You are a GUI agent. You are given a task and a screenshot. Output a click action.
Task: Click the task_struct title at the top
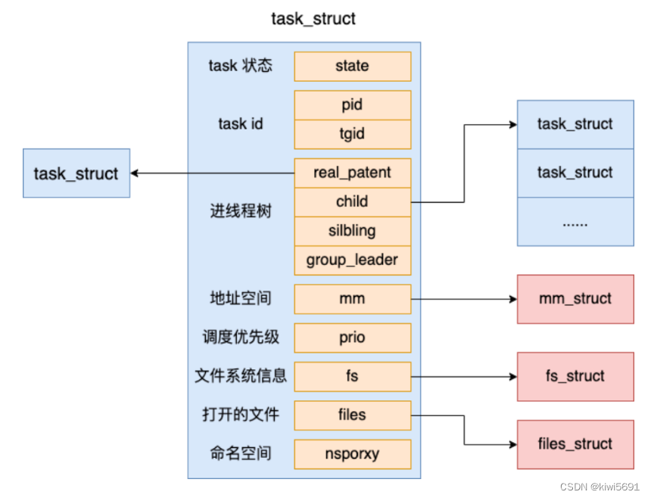pos(313,19)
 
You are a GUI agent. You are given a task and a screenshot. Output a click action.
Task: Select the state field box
pos(352,66)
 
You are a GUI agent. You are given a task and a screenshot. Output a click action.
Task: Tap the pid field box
pos(352,105)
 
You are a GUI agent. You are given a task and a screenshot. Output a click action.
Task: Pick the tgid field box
pos(352,134)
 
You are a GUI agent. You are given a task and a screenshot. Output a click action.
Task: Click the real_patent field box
pos(352,173)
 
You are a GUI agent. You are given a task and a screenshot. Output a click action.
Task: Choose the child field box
pos(352,202)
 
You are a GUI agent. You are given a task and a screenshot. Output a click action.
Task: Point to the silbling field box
pos(352,231)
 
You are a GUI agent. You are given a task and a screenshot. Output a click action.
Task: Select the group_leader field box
pos(352,260)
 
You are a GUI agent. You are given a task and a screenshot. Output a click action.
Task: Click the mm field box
pos(352,299)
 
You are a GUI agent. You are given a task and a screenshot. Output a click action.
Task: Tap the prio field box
pos(352,338)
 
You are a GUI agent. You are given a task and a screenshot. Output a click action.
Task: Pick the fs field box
pos(352,376)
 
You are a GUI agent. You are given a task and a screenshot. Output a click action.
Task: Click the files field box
pos(352,415)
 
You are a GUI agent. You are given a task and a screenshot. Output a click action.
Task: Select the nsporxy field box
pos(352,454)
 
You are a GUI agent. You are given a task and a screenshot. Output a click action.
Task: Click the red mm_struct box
pos(575,299)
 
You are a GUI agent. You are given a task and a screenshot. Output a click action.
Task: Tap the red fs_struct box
pos(575,376)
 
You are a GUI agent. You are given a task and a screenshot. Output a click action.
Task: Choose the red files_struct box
pos(575,444)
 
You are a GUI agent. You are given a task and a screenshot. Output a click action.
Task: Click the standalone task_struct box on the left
pos(76,173)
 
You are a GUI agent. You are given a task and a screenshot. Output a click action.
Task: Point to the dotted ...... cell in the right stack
pos(575,222)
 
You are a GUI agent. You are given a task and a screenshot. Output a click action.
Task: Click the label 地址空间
pos(240,299)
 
